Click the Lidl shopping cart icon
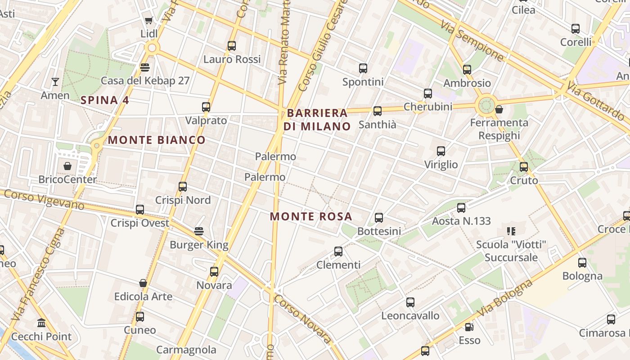148,20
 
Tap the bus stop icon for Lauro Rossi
232,46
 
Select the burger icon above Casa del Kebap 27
144,67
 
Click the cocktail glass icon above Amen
55,82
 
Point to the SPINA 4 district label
105,100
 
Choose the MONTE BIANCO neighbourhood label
157,140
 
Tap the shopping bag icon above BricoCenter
67,166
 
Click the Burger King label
199,245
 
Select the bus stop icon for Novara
214,272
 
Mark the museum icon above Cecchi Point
42,323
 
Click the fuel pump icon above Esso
469,327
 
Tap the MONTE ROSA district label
311,216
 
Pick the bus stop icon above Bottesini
379,218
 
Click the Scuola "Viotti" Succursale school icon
511,231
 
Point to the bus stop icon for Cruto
524,167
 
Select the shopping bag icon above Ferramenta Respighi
499,109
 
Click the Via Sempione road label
472,40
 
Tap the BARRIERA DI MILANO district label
317,120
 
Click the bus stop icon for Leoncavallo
410,302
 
